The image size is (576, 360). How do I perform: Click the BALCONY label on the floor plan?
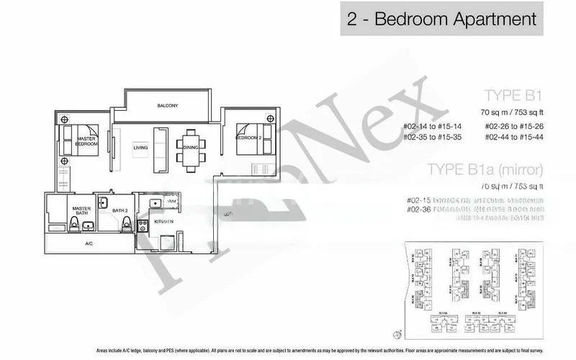point(167,106)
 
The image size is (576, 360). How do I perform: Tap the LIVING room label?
point(140,148)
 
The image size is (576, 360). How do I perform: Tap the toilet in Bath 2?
point(127,225)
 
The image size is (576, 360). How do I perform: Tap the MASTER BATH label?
point(81,211)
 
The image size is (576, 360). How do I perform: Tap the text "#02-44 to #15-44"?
point(516,137)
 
